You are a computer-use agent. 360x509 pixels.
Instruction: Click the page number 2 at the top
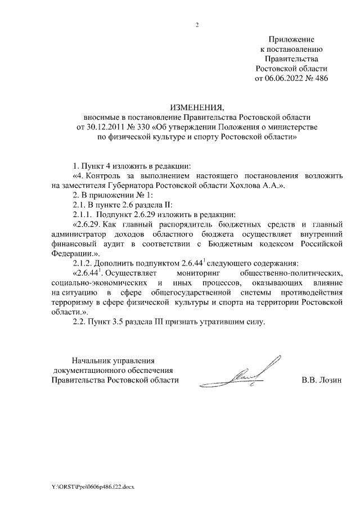tap(197, 25)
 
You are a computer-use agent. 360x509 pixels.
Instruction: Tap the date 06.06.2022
tap(284, 78)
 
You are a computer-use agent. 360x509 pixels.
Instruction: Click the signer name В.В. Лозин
tap(322, 380)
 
